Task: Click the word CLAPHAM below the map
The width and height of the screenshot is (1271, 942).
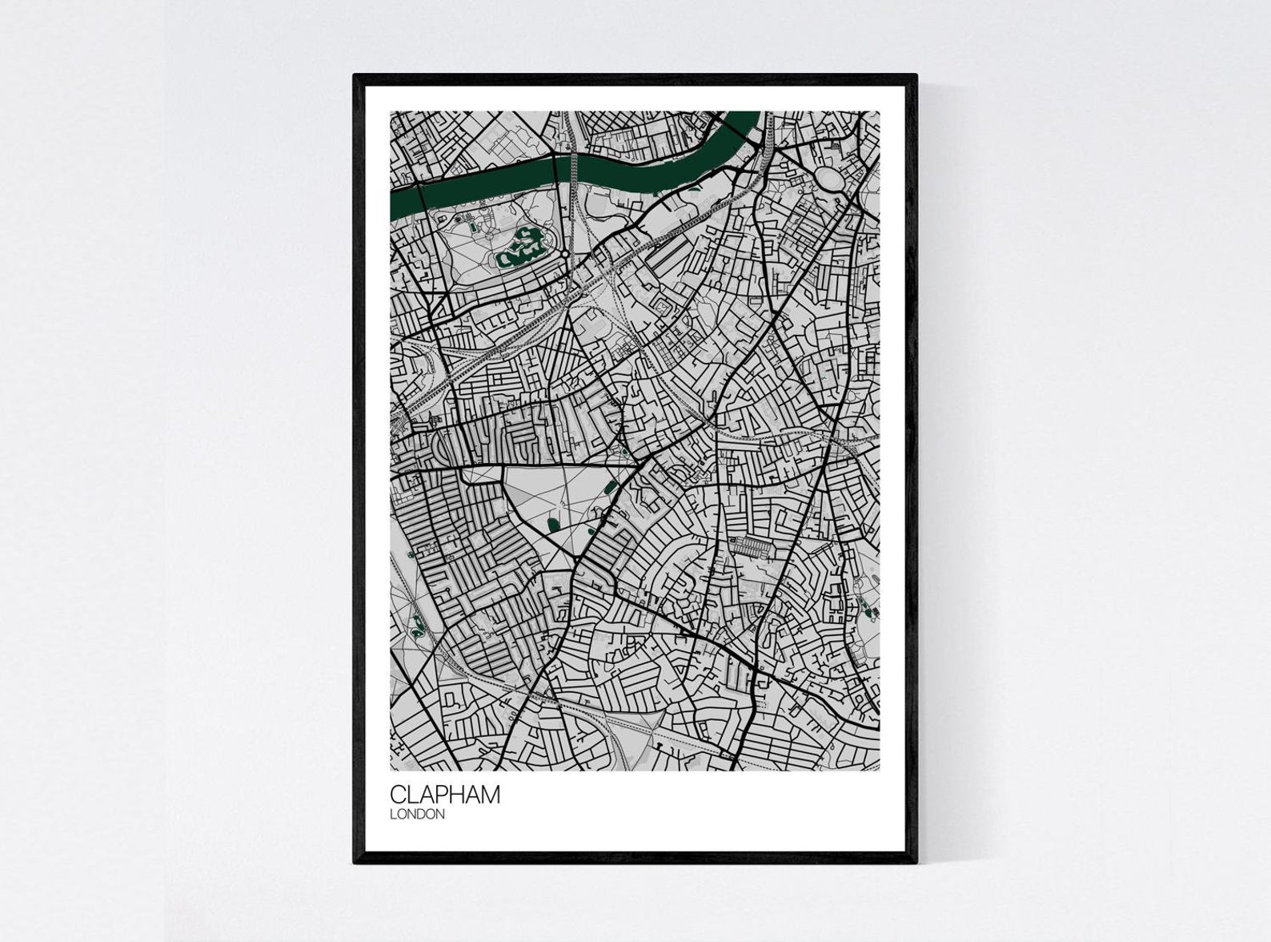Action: tap(445, 795)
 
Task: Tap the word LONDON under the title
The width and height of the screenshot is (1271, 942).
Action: tap(417, 815)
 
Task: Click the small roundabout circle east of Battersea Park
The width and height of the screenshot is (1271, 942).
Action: tap(565, 254)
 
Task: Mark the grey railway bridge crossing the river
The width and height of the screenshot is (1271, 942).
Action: tap(573, 169)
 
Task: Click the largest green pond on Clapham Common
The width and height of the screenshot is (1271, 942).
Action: tap(553, 525)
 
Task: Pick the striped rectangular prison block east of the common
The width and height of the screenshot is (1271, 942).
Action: tap(753, 547)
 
